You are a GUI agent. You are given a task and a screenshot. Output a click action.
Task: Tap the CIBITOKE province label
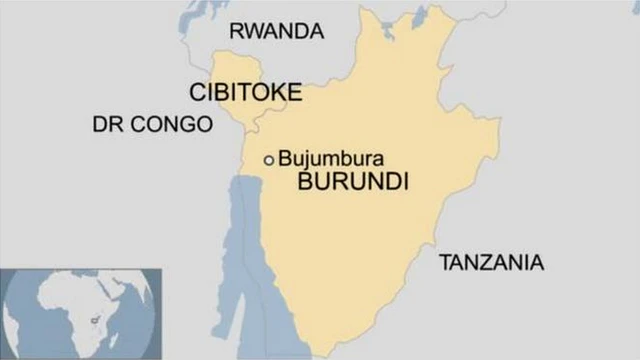coord(245,93)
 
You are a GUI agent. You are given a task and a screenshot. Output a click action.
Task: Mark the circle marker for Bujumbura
coord(268,160)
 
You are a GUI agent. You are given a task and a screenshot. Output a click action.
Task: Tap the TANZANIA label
coord(491,263)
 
